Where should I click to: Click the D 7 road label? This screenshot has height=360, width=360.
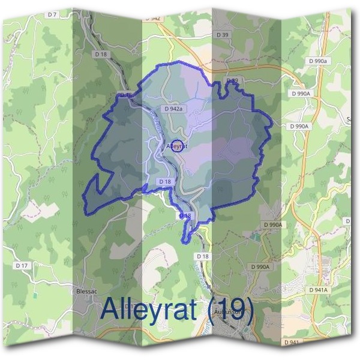52,14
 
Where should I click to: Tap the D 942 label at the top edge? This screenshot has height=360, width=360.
152,19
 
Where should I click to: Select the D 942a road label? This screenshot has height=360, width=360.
173,109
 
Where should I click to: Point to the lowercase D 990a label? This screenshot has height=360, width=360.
317,61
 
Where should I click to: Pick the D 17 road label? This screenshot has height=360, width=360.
22,265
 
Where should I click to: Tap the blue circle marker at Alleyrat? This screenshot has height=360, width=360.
177,145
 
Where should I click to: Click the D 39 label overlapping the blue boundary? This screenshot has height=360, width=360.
232,80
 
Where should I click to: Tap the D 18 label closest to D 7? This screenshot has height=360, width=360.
100,54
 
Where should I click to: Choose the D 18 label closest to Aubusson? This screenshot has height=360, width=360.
203,256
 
